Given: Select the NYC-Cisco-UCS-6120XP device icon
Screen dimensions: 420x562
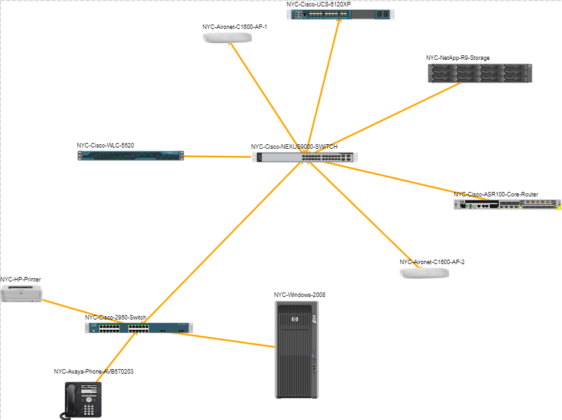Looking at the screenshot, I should tap(341, 14).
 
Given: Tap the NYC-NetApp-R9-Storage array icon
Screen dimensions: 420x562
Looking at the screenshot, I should tap(480, 73).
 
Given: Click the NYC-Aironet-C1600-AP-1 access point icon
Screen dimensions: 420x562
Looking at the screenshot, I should tap(227, 38).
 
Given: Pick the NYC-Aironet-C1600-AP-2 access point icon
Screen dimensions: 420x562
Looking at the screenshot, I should tap(424, 273).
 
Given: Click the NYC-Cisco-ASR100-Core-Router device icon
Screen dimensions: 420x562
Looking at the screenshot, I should tap(507, 204).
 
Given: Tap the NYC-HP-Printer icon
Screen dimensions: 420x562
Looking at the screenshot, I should tap(21, 294).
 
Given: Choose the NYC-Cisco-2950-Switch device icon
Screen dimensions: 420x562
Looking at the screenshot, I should tap(139, 328).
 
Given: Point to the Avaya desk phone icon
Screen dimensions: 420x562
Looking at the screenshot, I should tap(83, 400).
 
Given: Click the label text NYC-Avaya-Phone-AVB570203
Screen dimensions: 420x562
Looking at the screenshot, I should tap(93, 372).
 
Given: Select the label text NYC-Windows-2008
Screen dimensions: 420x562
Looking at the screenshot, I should tap(299, 295).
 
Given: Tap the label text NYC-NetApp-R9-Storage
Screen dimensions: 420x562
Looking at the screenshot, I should tap(458, 58).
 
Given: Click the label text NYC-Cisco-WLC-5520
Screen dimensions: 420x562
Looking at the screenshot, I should tap(105, 146).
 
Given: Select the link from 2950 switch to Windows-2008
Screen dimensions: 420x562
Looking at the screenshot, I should tap(232, 339).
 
